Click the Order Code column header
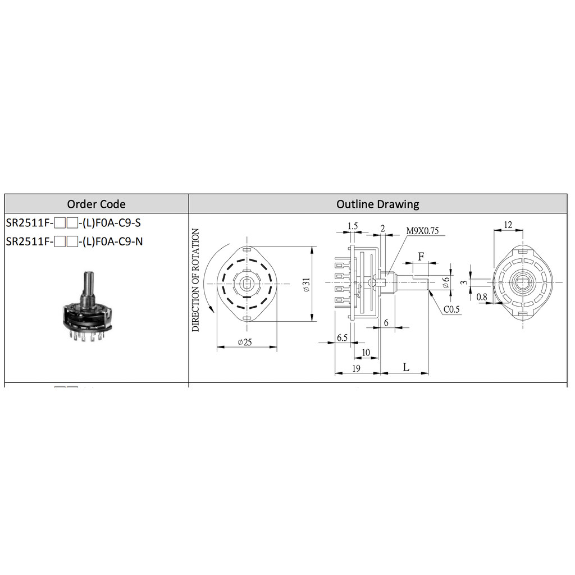tap(96, 204)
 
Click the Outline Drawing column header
tap(378, 204)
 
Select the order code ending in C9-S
tap(74, 222)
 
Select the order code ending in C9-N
tap(74, 241)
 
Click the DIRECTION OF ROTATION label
tap(195, 280)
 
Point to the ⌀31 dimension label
tap(307, 284)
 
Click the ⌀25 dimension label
tap(245, 342)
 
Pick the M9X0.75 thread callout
tap(422, 231)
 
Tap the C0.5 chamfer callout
tap(451, 309)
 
